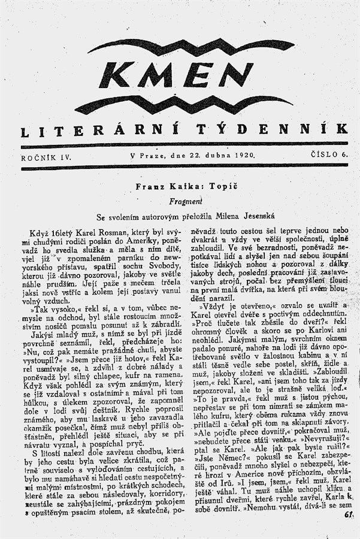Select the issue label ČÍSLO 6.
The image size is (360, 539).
tap(328, 155)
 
